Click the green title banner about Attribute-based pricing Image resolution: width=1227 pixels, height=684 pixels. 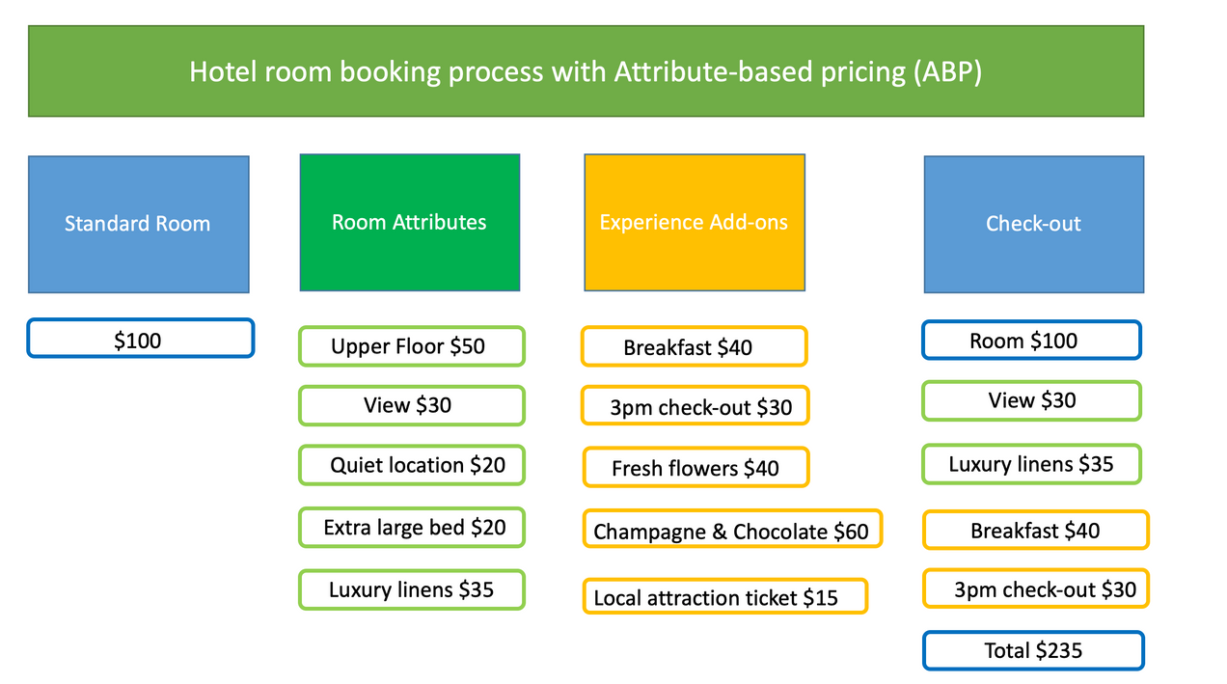[586, 71]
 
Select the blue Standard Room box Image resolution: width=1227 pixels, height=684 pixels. [138, 224]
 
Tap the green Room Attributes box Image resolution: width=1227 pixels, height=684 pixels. [409, 222]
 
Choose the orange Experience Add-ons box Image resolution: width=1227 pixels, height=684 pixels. [694, 222]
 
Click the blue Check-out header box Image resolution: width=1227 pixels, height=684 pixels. [1033, 224]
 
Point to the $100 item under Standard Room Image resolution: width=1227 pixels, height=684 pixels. [140, 339]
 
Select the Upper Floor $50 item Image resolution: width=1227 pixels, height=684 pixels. [411, 346]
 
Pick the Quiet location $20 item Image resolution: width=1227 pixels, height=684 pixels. [411, 465]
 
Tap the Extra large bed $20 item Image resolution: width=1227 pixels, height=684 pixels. [411, 528]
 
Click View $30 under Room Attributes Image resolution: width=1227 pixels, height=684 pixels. [411, 405]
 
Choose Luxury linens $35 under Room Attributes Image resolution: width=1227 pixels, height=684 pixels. [411, 589]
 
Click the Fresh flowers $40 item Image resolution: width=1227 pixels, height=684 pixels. [695, 468]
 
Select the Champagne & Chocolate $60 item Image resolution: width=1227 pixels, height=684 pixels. [731, 530]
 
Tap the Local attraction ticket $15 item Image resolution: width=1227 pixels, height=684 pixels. [724, 596]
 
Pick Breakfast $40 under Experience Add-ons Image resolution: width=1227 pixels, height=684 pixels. [694, 346]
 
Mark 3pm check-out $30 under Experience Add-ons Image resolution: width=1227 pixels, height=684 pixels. [695, 406]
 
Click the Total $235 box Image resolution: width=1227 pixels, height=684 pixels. [1033, 650]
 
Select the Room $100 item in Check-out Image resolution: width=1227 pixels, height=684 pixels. [1030, 340]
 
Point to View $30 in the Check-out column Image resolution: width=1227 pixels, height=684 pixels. [1030, 400]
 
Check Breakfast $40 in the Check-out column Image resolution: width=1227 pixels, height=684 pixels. [1035, 530]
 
